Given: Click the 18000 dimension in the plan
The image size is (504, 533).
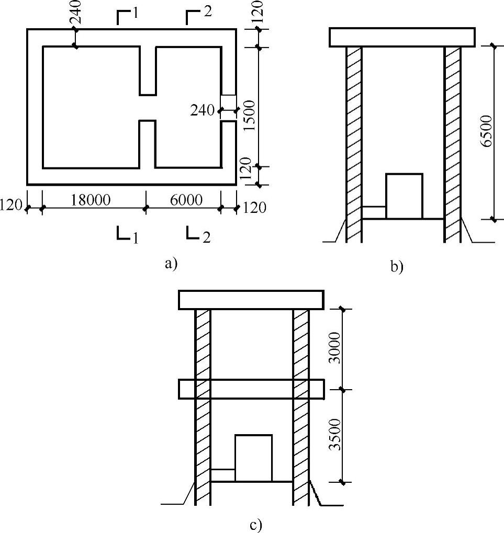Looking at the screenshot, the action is click(91, 200).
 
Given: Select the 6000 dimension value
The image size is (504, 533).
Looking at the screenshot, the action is click(186, 200).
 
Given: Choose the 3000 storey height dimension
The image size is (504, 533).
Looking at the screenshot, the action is click(335, 348).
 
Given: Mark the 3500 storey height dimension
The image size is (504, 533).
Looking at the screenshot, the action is click(335, 435).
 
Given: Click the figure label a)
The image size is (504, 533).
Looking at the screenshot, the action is click(171, 264).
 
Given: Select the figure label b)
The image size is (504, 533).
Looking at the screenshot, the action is click(397, 266).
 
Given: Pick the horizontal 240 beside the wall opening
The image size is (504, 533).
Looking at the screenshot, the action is click(203, 110).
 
